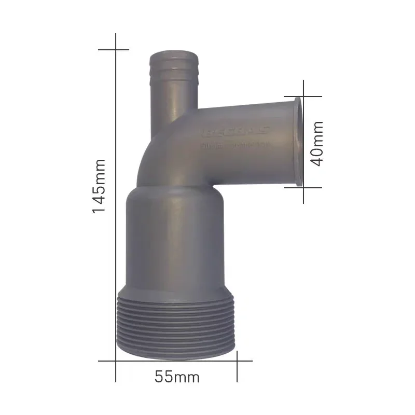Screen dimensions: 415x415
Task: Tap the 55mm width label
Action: coord(177,377)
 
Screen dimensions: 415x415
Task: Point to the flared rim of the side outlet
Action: coord(297,142)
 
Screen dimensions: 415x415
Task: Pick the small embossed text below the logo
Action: coord(233,147)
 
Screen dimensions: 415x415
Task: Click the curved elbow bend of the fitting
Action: coord(156,156)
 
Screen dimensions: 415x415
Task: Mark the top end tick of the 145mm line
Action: coord(115,50)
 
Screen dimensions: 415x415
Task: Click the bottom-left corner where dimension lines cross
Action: coord(115,360)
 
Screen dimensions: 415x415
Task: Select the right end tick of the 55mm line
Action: coord(238,360)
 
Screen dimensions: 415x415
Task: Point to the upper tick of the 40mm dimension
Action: coord(303,96)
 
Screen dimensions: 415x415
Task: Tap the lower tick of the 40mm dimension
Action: coord(303,187)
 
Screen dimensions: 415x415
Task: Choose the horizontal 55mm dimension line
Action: coord(176,360)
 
